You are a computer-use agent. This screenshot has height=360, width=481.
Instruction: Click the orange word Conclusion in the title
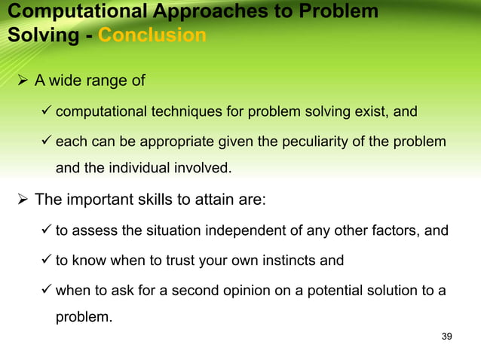coord(153,35)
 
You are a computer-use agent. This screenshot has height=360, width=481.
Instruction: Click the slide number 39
coord(446,336)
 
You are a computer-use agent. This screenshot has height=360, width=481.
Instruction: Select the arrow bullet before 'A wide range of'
coord(23,81)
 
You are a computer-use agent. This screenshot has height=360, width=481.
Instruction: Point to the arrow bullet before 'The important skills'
coord(23,200)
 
